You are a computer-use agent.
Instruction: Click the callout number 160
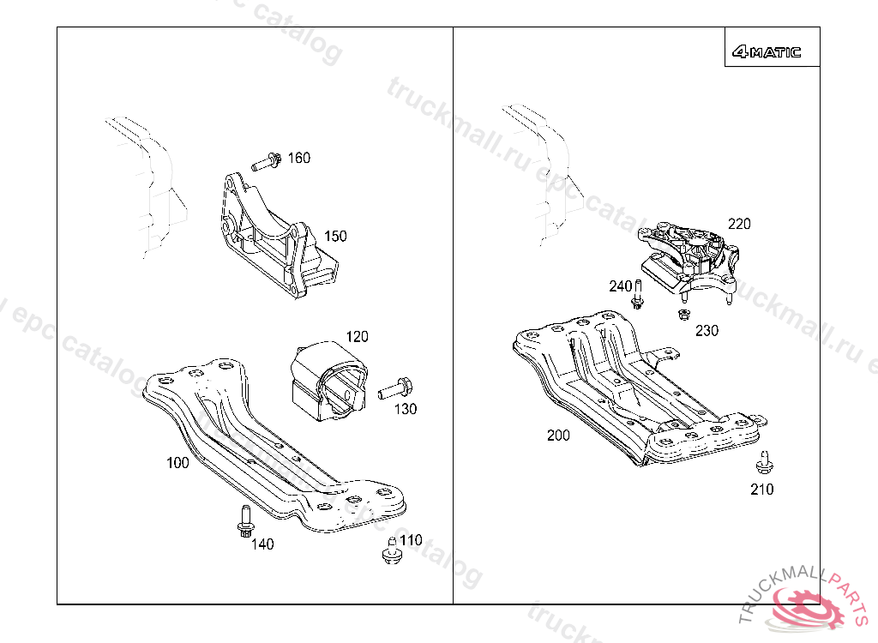point(298,158)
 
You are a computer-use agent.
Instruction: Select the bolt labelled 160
point(268,160)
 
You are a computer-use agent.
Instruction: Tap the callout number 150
point(335,236)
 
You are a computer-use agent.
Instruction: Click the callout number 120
point(357,336)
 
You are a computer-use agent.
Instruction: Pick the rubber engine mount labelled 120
point(329,382)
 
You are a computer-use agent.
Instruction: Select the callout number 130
point(406,409)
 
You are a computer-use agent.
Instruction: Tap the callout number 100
point(177,463)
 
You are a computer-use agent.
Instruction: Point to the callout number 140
point(262,544)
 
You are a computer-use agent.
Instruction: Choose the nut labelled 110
point(392,553)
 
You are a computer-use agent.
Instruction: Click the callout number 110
point(411,540)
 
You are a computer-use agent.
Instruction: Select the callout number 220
point(738,224)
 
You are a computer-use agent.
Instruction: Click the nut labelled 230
point(683,315)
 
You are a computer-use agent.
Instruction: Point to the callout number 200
point(558,436)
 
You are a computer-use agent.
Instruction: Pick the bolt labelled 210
point(763,463)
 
